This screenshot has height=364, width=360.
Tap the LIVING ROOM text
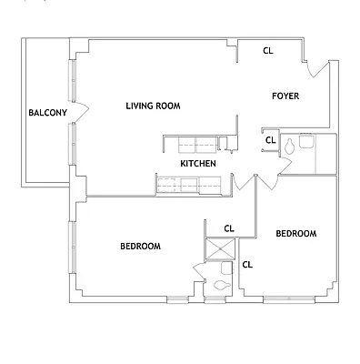[x=153, y=106]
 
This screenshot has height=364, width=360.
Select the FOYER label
[x=285, y=96]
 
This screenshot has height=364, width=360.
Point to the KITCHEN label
[x=197, y=164]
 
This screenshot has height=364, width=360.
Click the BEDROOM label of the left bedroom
[x=141, y=247]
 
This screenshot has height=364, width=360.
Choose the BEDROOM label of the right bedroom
[x=295, y=234]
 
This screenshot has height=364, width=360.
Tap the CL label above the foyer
[x=268, y=51]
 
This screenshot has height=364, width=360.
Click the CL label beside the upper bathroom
[x=270, y=140]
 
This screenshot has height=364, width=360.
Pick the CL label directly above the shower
[x=229, y=228]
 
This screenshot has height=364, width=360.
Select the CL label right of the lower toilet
[x=246, y=265]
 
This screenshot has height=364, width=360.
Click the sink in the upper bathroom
[x=306, y=141]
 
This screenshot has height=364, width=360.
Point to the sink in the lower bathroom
[x=225, y=269]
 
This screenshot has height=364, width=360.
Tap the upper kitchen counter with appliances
[x=192, y=144]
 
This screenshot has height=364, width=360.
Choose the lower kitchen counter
[x=190, y=186]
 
